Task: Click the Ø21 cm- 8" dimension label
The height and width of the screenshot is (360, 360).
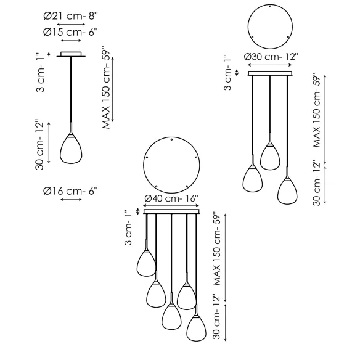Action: (x=71, y=16)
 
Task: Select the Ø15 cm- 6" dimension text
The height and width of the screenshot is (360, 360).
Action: (x=70, y=33)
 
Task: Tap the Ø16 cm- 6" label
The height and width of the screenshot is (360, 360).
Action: (x=70, y=191)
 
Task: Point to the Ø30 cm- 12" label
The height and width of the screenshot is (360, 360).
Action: (x=271, y=57)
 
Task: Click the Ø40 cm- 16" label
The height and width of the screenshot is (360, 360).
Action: (x=171, y=198)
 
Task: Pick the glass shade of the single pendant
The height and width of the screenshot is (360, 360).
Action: (x=71, y=149)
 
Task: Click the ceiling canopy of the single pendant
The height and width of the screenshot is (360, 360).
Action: (x=71, y=54)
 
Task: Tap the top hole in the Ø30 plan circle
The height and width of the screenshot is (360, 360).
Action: (x=270, y=6)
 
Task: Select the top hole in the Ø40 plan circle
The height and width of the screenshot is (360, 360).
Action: (x=171, y=139)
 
